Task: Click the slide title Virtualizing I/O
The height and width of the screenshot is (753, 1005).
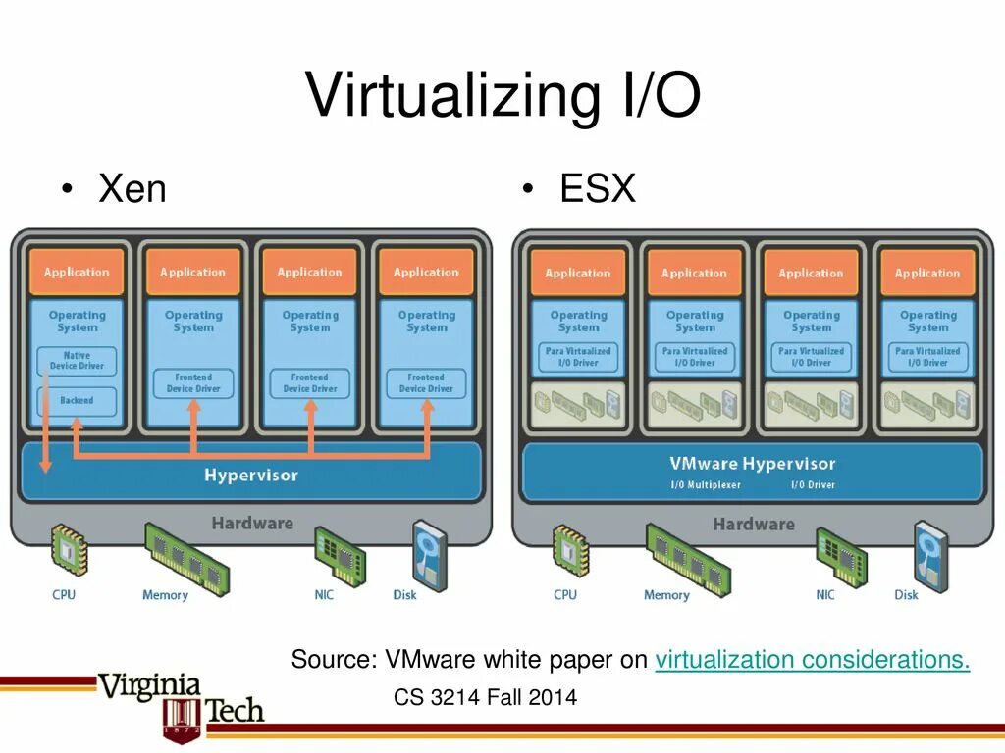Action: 502,95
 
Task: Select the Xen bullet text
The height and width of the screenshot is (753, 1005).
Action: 132,187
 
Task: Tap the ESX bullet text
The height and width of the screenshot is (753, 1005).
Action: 598,187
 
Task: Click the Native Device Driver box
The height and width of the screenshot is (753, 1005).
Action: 77,361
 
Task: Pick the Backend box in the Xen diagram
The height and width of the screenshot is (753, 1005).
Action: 77,400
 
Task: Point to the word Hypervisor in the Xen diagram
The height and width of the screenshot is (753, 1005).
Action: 251,476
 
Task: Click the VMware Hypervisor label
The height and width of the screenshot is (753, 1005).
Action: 753,464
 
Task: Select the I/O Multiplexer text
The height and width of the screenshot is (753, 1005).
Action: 706,485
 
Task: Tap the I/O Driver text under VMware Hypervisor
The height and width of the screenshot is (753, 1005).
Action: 814,485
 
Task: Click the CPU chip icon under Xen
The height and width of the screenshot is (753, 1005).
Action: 68,549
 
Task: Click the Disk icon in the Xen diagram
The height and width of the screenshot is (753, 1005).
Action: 429,554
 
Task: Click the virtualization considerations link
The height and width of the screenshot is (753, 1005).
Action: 813,660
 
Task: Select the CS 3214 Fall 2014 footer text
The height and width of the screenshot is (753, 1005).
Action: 485,698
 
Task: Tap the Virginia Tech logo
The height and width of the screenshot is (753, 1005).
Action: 182,701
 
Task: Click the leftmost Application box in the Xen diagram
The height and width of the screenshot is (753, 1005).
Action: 77,273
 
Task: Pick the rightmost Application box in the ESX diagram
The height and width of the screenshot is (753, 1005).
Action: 927,274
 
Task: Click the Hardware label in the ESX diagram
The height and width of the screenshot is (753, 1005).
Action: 753,525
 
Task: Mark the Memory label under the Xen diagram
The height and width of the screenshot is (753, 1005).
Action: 165,595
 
